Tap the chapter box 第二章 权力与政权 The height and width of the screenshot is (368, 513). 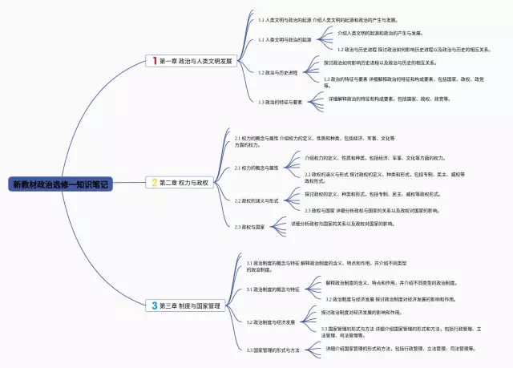184,183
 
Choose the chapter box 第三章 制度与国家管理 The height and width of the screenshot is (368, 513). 189,305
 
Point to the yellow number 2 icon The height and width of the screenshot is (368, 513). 155,183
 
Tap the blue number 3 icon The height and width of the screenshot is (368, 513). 155,305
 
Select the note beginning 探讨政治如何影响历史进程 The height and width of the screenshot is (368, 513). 380,62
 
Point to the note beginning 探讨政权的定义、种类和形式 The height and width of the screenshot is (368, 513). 373,193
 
